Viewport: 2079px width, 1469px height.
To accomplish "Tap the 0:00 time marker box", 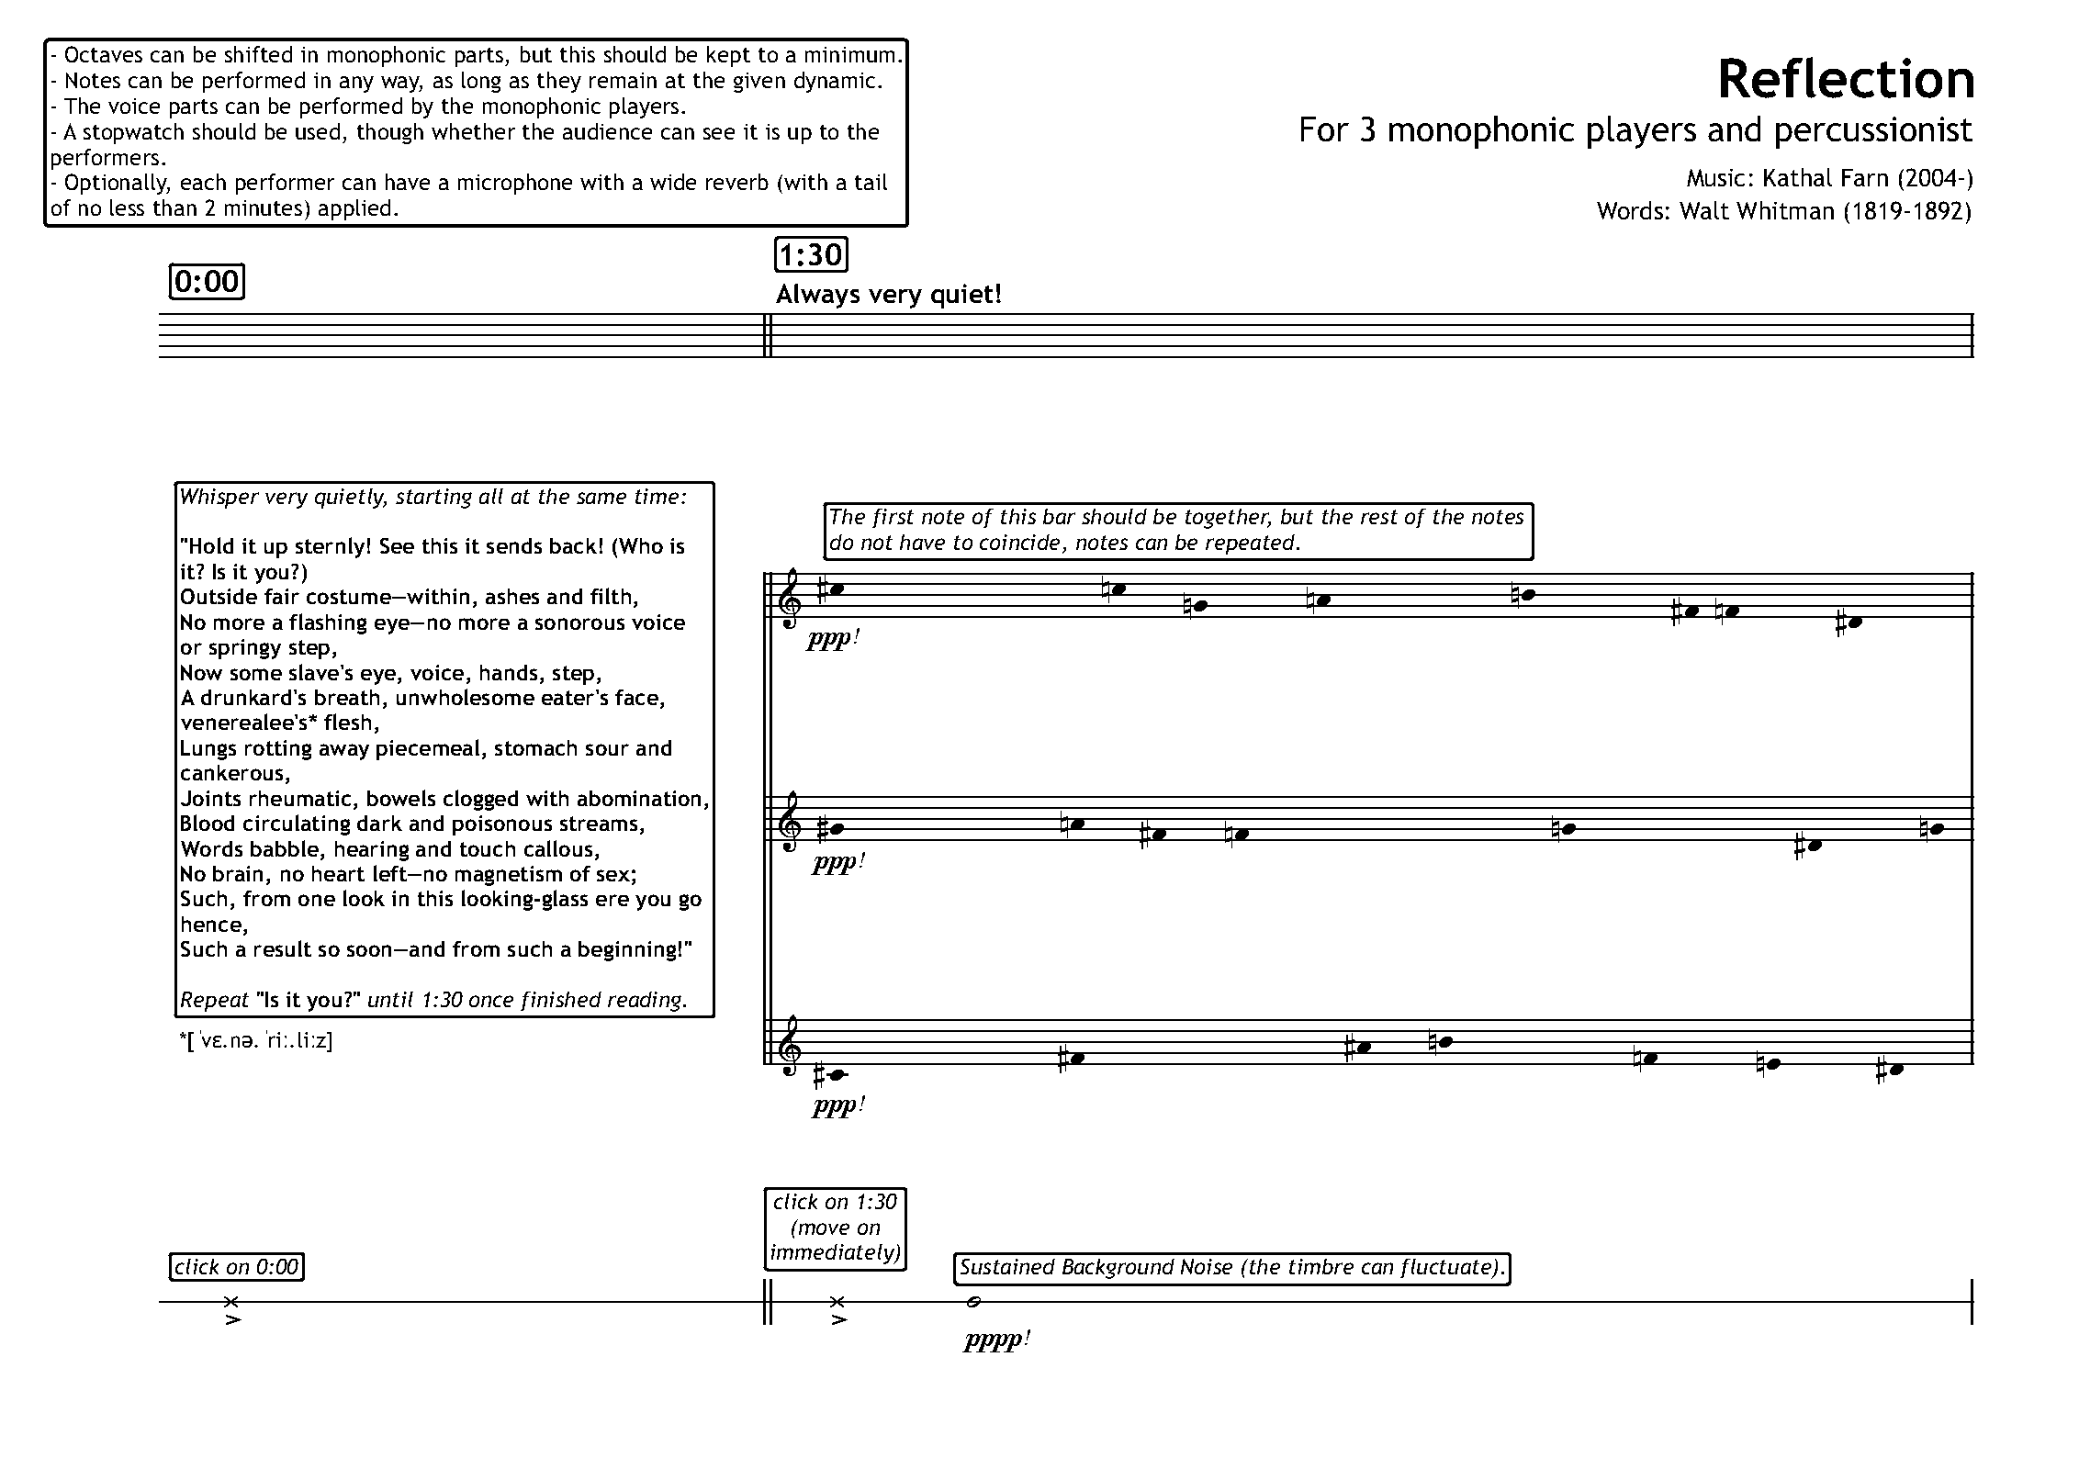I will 207,281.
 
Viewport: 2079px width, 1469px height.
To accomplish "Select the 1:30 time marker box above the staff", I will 810,254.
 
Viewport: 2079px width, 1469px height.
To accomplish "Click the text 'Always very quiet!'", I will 888,295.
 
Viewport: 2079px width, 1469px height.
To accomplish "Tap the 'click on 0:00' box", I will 237,1267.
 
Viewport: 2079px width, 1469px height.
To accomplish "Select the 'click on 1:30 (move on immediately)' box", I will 835,1228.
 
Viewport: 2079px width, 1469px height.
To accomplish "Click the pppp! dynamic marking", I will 996,1340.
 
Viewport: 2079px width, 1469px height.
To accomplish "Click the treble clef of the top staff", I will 790,600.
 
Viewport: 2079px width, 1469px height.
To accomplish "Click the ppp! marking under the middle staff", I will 837,864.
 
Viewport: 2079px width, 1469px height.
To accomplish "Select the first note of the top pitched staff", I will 835,589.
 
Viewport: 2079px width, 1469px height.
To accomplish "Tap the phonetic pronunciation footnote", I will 256,1041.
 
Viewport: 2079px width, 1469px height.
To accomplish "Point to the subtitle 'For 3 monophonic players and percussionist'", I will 1635,130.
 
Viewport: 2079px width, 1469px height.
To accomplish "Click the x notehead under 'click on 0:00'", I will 231,1301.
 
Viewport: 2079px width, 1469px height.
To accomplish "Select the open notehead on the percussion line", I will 974,1301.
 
